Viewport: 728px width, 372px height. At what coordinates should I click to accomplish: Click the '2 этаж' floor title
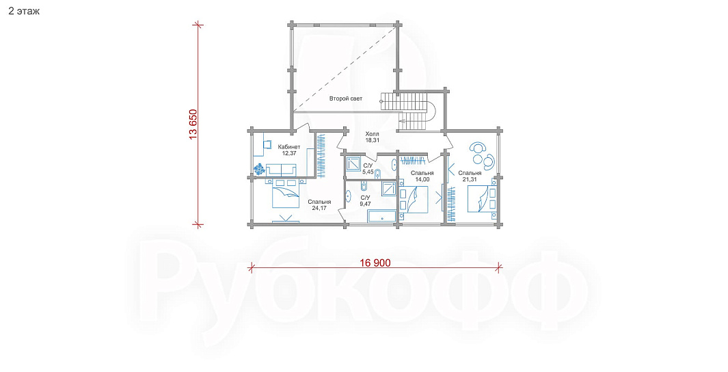pos(24,12)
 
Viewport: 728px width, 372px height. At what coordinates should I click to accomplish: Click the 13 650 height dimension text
pos(193,124)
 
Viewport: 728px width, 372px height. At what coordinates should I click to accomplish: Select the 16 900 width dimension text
pos(375,263)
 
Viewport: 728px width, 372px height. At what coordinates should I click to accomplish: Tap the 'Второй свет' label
pos(346,98)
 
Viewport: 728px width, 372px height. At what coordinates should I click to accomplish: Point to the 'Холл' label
pos(372,134)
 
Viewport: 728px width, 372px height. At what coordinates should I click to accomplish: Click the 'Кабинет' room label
pos(288,147)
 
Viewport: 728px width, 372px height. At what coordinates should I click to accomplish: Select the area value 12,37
pos(288,152)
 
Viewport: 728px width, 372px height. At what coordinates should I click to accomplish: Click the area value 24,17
pos(319,208)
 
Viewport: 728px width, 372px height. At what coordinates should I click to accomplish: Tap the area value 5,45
pos(368,172)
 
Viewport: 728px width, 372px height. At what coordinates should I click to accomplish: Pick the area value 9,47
pos(366,203)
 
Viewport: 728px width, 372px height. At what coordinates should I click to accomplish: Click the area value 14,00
pos(422,179)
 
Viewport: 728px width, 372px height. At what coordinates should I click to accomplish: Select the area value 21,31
pos(470,179)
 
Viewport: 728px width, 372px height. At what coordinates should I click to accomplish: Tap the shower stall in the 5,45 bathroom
pos(354,164)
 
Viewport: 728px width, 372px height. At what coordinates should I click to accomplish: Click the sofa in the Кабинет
pos(281,170)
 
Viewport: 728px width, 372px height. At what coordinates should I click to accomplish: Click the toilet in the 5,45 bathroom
pos(377,174)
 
